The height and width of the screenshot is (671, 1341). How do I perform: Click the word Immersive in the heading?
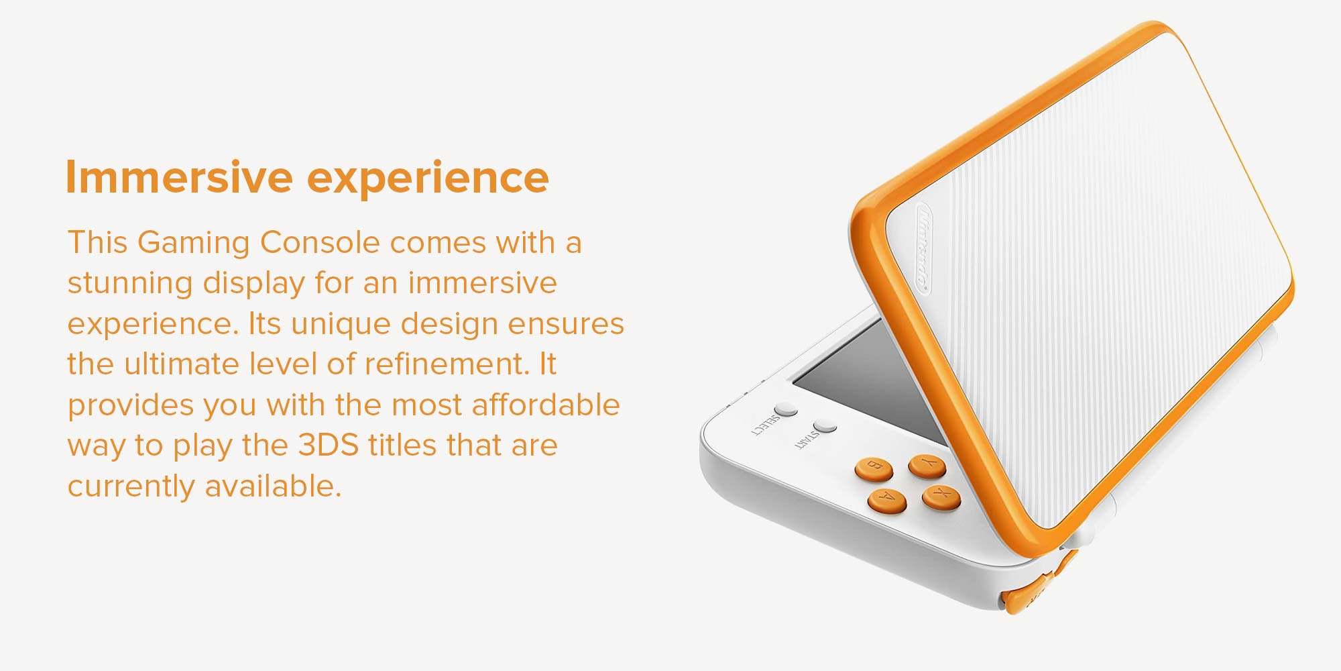point(179,177)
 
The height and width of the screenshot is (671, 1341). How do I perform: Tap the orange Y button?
point(927,466)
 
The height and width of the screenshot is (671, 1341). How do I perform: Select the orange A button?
point(887,500)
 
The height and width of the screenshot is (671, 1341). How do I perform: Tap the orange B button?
point(874,468)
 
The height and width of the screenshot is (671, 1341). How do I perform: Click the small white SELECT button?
point(786,409)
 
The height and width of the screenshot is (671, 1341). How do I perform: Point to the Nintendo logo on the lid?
point(923,248)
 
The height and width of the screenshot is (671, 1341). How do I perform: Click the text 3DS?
point(329,446)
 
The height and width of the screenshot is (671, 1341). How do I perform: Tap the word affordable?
point(546,405)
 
